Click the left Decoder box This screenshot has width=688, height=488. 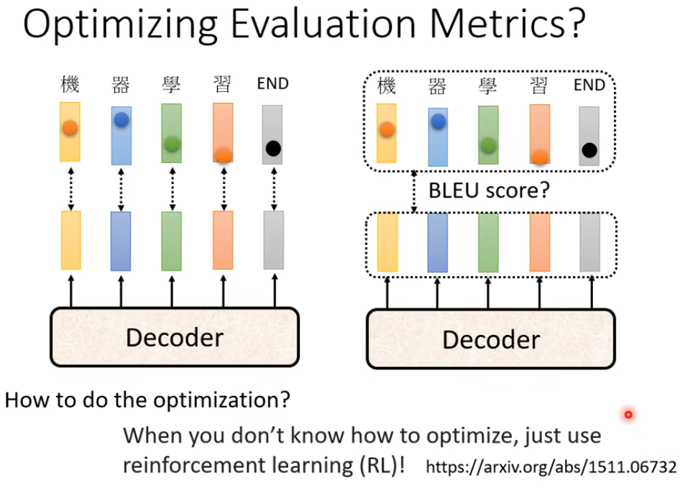[x=174, y=336]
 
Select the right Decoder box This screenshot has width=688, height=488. [x=490, y=339]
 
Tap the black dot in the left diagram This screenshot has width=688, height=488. [x=273, y=149]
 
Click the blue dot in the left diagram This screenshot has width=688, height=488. [x=121, y=120]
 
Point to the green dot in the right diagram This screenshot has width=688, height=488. [x=489, y=146]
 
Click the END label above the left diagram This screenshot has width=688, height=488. [x=272, y=84]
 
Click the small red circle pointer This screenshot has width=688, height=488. [x=628, y=415]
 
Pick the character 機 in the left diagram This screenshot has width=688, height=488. [x=70, y=85]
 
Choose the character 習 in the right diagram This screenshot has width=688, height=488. [x=539, y=86]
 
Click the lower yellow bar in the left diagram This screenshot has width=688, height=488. [x=70, y=240]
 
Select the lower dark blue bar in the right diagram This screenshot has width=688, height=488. [x=438, y=243]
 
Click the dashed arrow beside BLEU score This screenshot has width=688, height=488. [x=414, y=191]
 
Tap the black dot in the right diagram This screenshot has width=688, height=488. [x=590, y=150]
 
